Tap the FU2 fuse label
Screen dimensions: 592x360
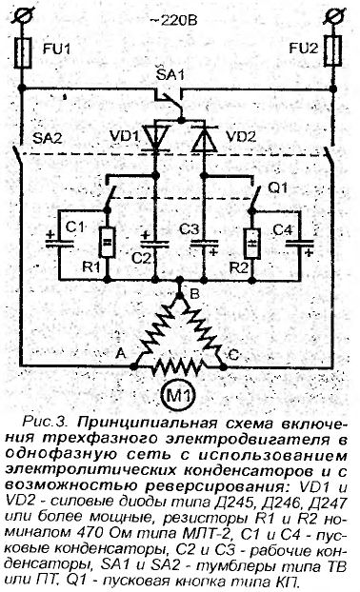tap(302, 45)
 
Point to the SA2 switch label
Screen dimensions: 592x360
tap(47, 140)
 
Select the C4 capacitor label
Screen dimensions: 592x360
tap(284, 228)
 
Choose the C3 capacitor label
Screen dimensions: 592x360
tap(190, 228)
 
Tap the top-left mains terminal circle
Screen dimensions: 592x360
tap(21, 14)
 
